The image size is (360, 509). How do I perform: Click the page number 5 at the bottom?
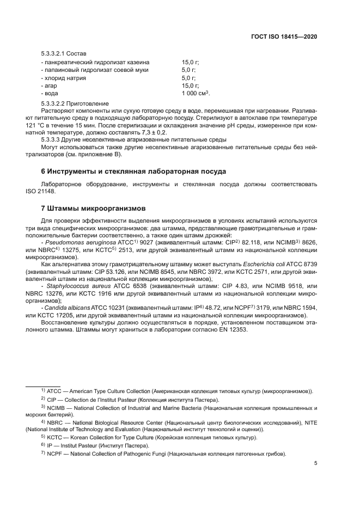tap(316, 464)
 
